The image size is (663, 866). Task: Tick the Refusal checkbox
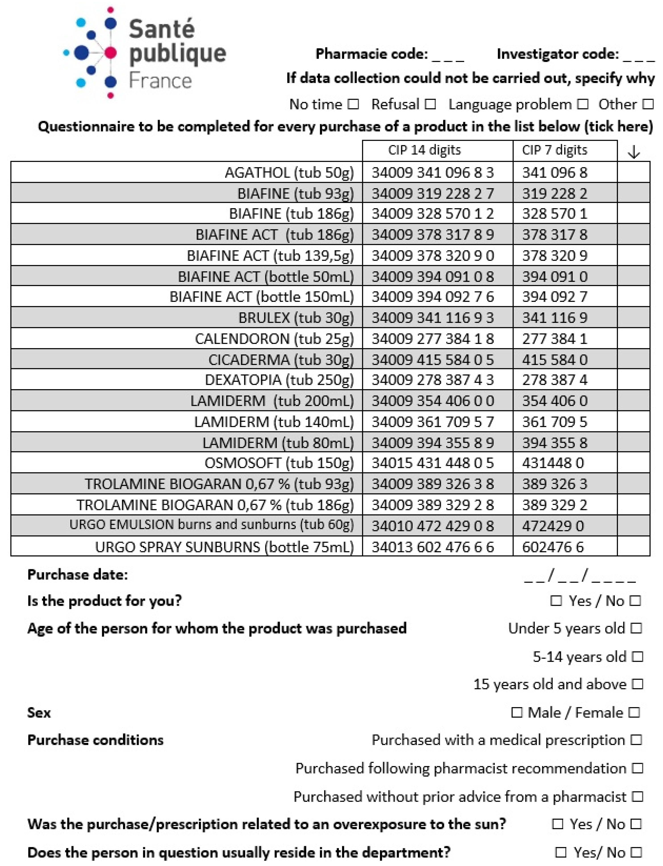(x=430, y=105)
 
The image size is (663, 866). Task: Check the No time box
(x=353, y=105)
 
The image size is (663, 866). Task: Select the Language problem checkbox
(x=582, y=105)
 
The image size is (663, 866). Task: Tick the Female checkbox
(x=634, y=712)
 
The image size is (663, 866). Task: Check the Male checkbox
(x=517, y=712)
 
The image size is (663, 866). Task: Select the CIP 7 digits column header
(x=555, y=150)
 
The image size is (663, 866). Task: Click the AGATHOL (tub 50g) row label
(x=289, y=173)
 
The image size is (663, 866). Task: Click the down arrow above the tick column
(x=634, y=152)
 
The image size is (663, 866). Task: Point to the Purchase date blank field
(x=580, y=576)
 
